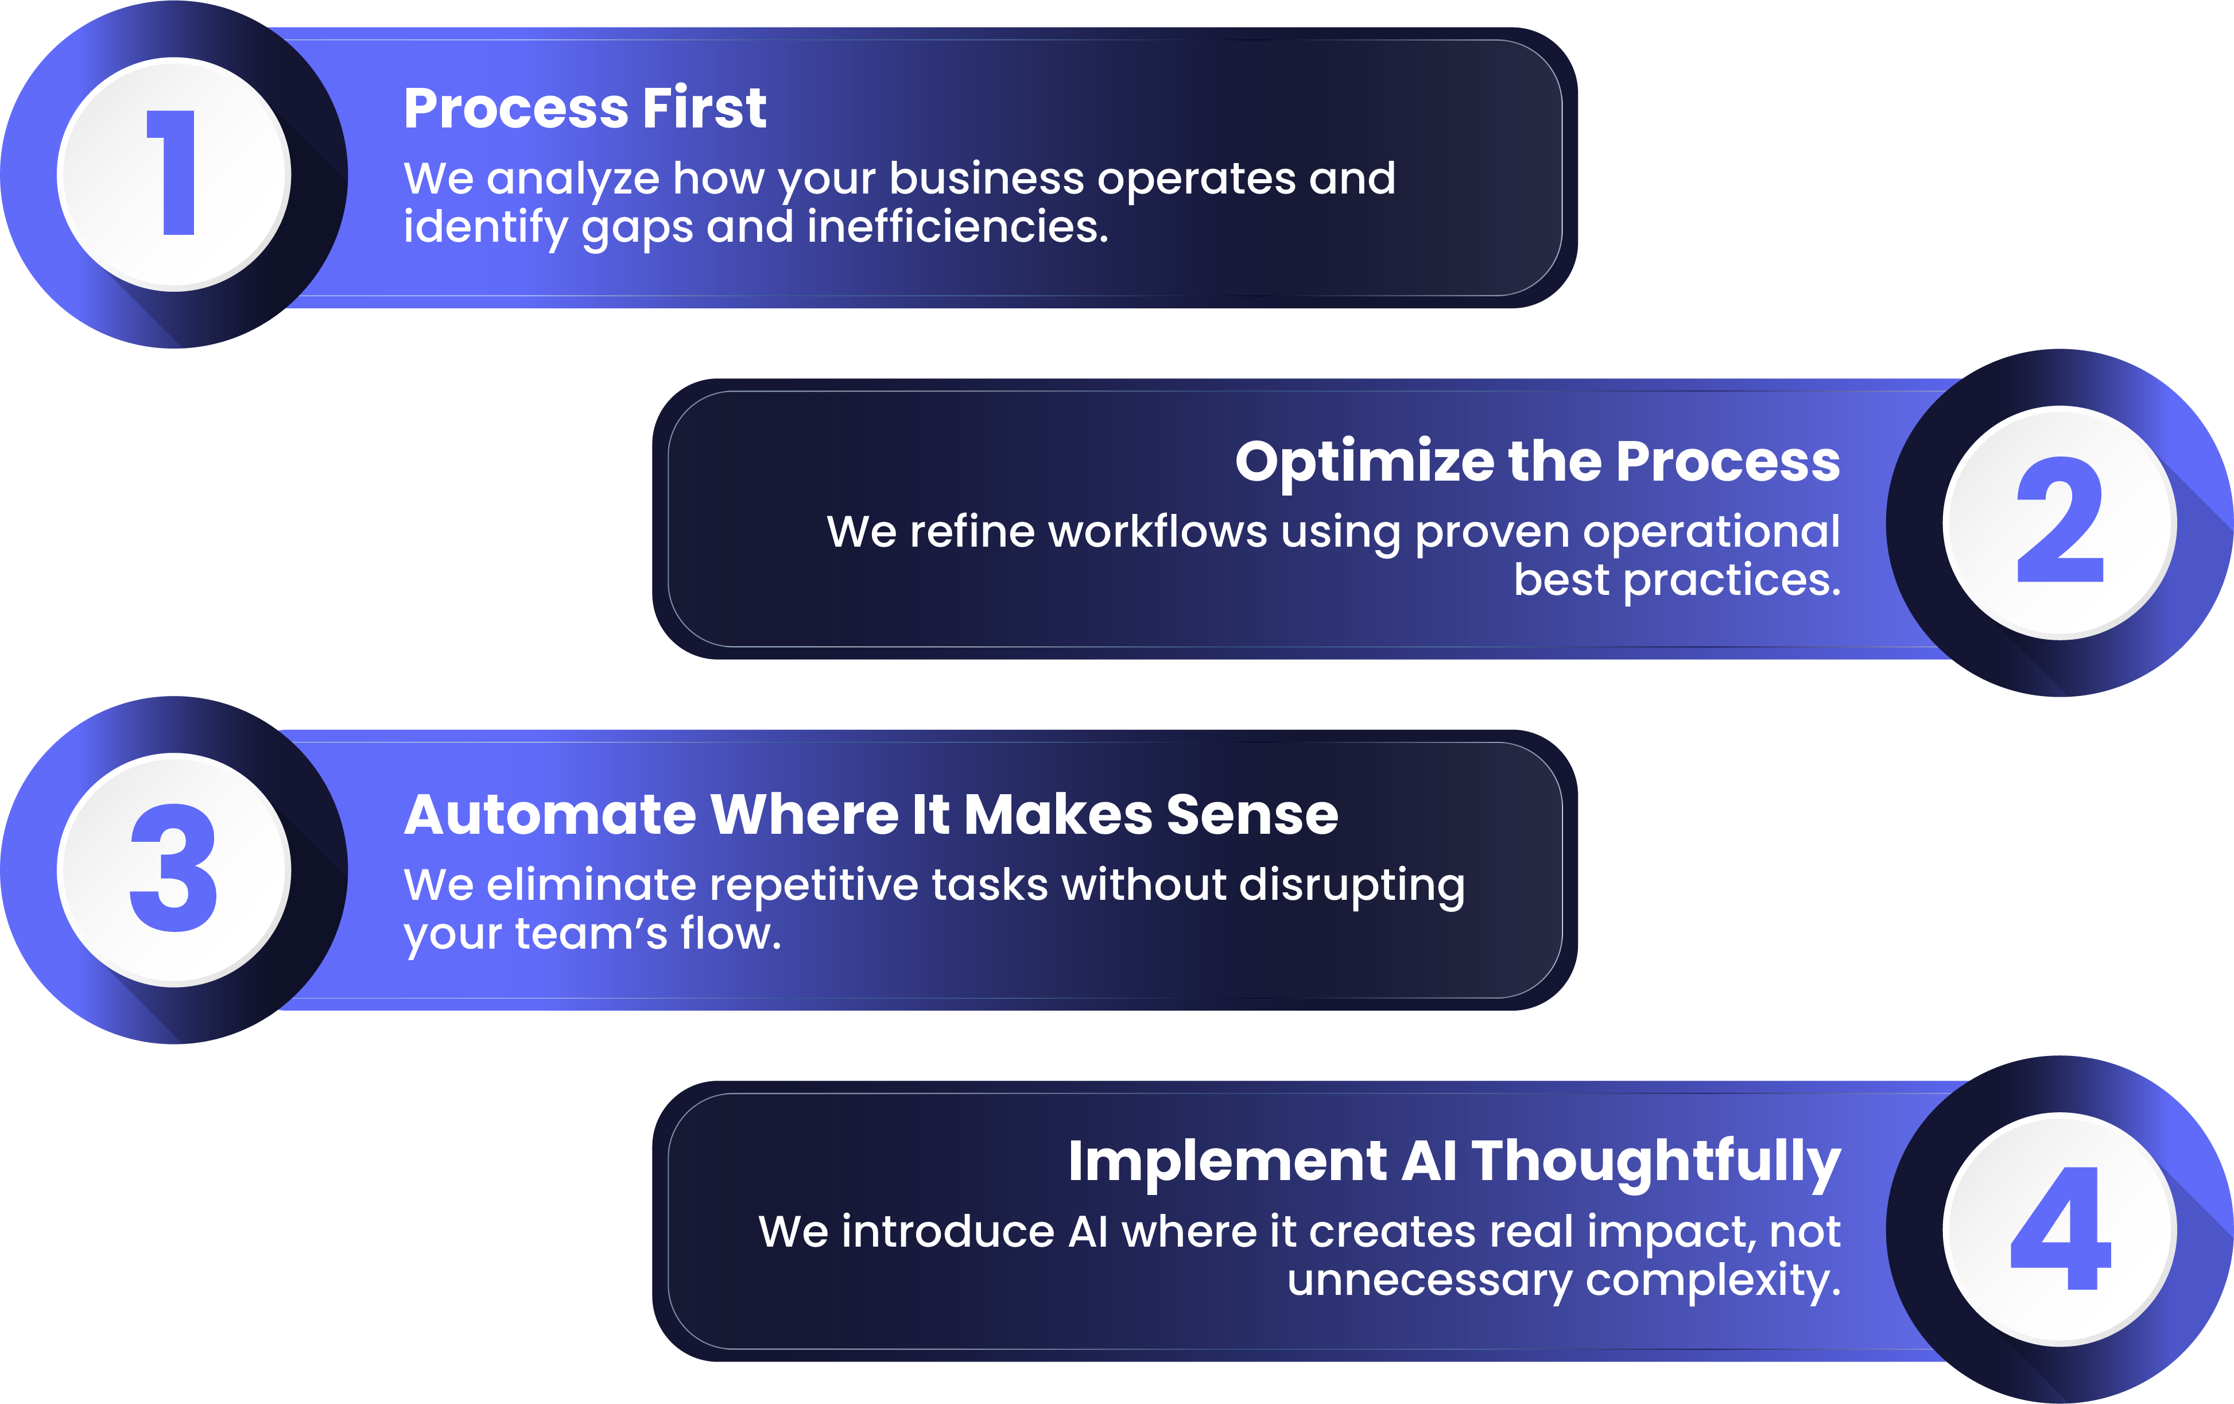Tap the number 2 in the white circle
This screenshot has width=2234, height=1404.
coord(2060,521)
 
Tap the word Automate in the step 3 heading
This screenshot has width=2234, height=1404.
coord(549,815)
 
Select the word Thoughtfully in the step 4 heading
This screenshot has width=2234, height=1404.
coord(1656,1162)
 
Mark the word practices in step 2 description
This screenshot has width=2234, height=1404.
coord(1731,581)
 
